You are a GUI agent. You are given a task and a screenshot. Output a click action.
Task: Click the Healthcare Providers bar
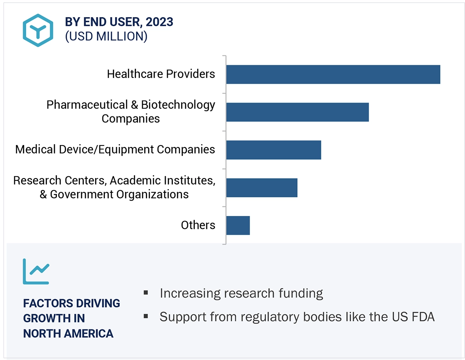(333, 74)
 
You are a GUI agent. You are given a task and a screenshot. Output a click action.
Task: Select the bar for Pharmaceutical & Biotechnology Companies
(297, 112)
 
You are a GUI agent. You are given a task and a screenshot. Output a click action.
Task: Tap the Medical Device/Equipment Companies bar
(273, 150)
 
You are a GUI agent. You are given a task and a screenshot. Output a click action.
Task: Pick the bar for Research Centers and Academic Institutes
(262, 188)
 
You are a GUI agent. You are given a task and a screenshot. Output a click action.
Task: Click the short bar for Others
(238, 225)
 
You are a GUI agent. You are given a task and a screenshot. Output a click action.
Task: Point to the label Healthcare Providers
(161, 74)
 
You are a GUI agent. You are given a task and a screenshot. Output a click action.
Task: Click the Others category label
(198, 225)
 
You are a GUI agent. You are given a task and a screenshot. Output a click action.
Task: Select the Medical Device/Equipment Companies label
(115, 149)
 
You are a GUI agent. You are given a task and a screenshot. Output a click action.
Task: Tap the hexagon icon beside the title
(38, 30)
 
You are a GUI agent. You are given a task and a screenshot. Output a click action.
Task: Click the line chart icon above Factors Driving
(36, 271)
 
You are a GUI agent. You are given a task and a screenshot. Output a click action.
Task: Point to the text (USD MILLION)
(106, 37)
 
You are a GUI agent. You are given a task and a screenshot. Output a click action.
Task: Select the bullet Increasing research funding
(241, 293)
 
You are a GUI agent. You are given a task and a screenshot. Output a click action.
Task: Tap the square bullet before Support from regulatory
(146, 316)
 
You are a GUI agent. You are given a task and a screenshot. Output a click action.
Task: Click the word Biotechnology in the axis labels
(178, 105)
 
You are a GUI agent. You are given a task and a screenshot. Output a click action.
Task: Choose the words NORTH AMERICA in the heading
(68, 333)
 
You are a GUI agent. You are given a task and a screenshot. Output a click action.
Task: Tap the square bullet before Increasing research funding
(146, 293)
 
